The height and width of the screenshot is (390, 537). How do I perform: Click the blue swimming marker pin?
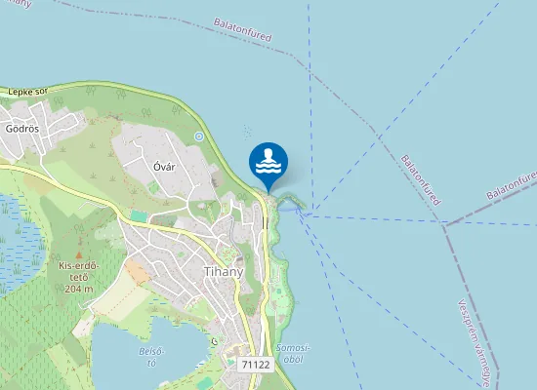pyautogui.click(x=268, y=162)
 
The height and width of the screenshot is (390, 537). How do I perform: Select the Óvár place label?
pyautogui.click(x=164, y=166)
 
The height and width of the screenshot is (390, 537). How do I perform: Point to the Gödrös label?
pyautogui.click(x=21, y=128)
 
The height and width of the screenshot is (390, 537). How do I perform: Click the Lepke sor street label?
pyautogui.click(x=27, y=91)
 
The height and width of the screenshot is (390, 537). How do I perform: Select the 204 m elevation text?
pyautogui.click(x=79, y=289)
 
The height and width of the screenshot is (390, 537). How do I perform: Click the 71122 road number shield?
pyautogui.click(x=255, y=364)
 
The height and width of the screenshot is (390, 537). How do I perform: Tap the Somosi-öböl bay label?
pyautogui.click(x=293, y=353)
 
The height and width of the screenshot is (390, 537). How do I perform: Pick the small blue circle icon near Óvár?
pyautogui.click(x=198, y=136)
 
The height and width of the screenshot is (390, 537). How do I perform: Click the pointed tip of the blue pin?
pyautogui.click(x=268, y=190)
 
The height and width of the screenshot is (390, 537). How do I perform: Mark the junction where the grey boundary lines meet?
pyautogui.click(x=445, y=223)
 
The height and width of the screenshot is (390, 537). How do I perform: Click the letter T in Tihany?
pyautogui.click(x=206, y=271)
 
